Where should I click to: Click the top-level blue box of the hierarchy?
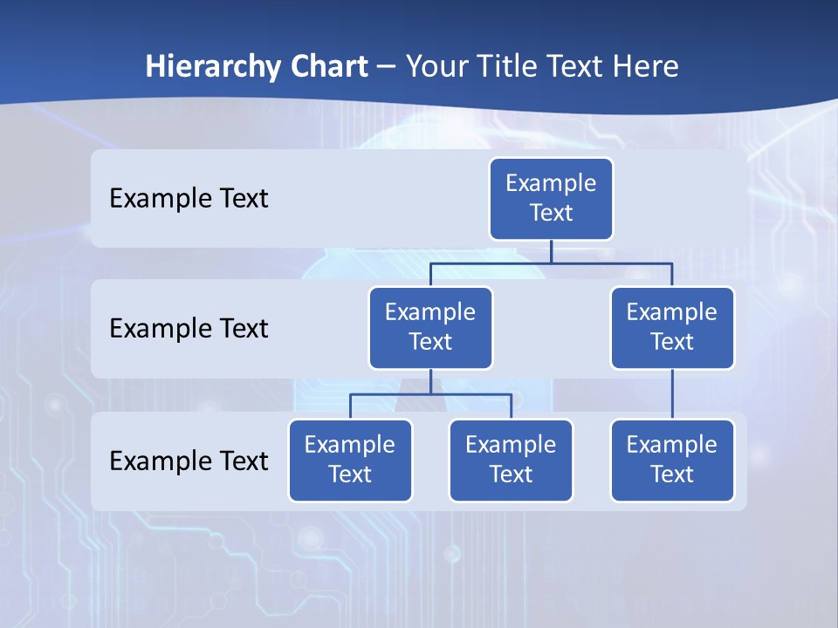pos(551,198)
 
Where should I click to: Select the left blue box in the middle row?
pos(430,327)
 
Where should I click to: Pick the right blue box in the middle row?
pos(672,327)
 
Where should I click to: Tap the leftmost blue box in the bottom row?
pos(350,460)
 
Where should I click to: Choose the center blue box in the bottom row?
pos(511,460)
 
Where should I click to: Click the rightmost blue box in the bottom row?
pos(672,460)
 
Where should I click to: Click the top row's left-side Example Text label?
pos(189,198)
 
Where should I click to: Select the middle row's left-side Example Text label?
pos(189,328)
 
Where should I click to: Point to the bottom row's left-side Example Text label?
pos(189,461)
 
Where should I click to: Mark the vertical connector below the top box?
pos(551,251)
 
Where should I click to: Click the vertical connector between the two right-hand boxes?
pos(672,394)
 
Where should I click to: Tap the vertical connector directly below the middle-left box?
pos(430,382)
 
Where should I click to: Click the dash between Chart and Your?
pos(387,67)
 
